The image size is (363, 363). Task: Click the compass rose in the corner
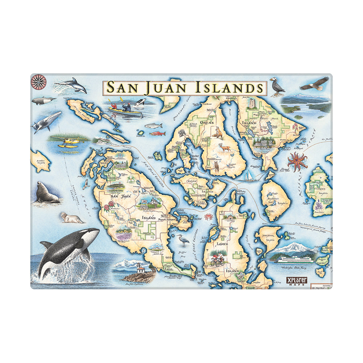click(x=37, y=82)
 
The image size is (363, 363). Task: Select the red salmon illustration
click(x=157, y=134)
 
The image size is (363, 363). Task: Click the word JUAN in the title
click(x=168, y=88)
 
